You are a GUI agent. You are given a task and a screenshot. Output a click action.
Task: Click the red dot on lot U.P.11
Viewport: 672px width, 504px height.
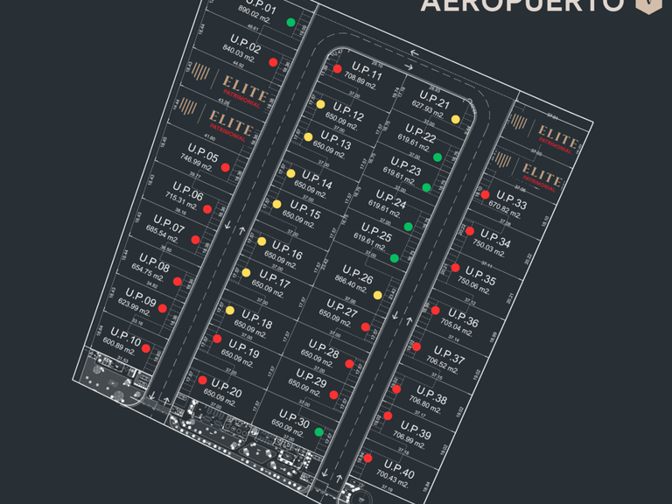337,68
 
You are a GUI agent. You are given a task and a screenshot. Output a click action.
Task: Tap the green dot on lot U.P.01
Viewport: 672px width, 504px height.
290,22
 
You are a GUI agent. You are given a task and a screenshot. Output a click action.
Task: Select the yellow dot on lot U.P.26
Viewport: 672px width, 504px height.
377,295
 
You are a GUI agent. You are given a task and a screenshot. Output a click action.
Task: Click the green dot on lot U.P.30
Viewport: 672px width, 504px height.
319,431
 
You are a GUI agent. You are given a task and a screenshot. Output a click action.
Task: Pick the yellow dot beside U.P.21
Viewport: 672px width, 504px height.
456,120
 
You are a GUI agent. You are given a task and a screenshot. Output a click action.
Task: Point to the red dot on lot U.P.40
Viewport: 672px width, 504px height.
367,458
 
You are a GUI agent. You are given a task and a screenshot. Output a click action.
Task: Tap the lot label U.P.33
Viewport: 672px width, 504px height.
511,200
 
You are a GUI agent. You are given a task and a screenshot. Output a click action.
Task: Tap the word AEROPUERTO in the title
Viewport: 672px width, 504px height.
522,5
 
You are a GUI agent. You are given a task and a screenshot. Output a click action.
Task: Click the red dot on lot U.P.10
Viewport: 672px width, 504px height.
146,349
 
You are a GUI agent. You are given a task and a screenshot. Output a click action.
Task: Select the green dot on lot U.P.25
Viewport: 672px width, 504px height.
395,258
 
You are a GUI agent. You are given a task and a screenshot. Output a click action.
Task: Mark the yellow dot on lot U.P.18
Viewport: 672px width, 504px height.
230,310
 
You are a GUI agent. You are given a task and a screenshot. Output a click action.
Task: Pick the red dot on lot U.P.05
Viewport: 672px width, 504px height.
225,167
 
